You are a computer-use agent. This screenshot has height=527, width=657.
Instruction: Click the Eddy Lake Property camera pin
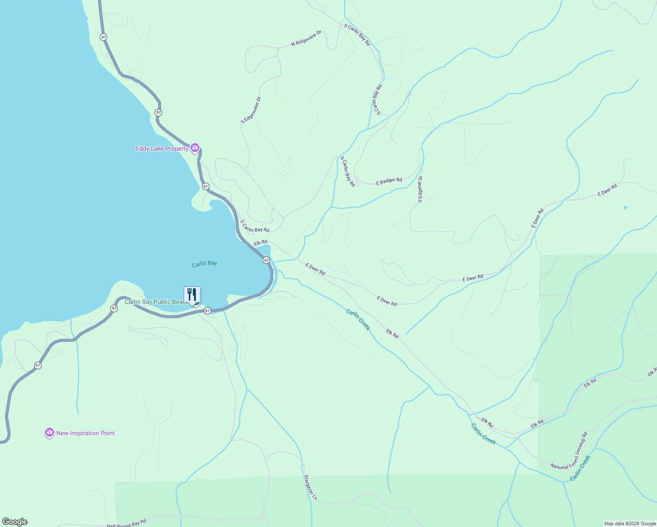[195, 148]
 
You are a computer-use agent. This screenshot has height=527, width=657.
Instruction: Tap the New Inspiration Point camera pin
[50, 433]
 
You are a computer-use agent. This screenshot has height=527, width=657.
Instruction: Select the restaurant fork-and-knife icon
[192, 294]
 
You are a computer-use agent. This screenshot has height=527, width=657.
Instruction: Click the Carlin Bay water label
[204, 264]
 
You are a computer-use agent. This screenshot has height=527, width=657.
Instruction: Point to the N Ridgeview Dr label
[306, 39]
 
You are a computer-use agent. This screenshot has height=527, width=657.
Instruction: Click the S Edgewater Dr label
[251, 110]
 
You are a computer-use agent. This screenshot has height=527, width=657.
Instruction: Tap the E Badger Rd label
[389, 181]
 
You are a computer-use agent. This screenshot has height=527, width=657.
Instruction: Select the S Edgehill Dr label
[420, 189]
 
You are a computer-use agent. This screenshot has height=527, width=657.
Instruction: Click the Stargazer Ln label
[310, 487]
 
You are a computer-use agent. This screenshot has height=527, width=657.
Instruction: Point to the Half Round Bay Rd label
[126, 523]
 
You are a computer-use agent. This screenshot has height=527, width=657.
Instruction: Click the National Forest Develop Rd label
[569, 451]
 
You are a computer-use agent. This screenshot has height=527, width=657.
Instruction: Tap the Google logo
[15, 522]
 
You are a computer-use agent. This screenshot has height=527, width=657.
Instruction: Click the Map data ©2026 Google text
[630, 523]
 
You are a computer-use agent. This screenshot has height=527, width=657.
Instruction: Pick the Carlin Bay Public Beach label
[156, 302]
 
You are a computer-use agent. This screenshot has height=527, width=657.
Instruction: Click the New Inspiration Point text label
[86, 433]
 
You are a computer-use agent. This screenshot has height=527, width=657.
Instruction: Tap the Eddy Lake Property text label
[162, 149]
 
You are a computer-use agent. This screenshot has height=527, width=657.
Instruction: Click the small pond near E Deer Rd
[625, 207]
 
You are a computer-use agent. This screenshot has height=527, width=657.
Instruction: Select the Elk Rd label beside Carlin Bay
[260, 242]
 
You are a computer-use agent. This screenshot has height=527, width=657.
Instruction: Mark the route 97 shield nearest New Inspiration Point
[38, 365]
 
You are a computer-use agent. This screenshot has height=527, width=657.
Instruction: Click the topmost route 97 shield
[103, 37]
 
